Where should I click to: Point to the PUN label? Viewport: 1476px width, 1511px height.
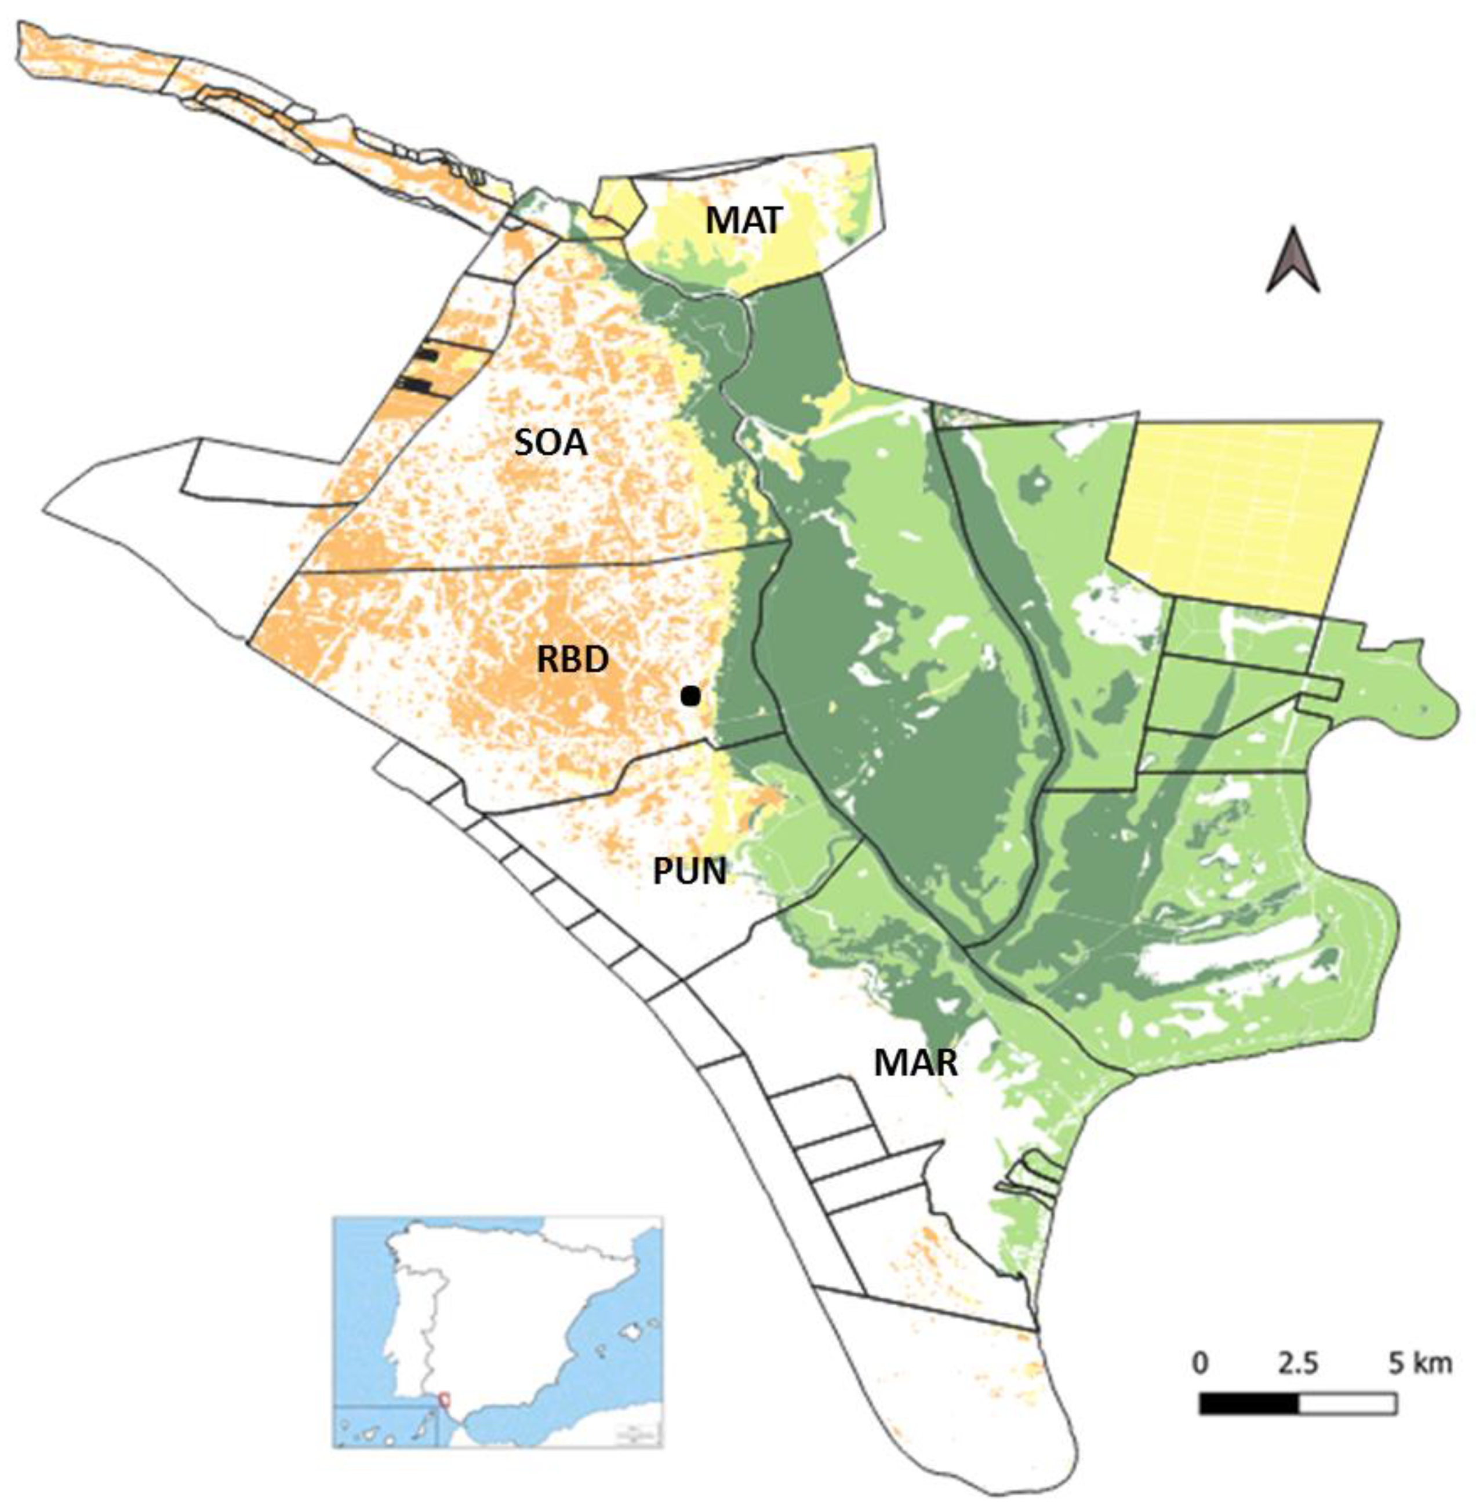tap(689, 871)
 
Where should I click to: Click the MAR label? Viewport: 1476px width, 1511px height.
tap(915, 1063)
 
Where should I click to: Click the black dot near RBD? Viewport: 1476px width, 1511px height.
tap(690, 696)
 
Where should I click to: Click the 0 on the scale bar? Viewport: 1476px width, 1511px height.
tap(1199, 1363)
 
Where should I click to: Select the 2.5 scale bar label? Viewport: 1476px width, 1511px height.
tap(1297, 1363)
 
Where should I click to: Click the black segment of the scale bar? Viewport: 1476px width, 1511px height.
tap(1248, 1403)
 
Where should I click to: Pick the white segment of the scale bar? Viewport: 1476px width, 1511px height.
tap(1347, 1403)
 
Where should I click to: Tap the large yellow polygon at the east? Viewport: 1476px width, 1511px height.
tap(1240, 512)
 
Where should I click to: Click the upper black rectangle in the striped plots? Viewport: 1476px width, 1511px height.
tap(426, 356)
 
